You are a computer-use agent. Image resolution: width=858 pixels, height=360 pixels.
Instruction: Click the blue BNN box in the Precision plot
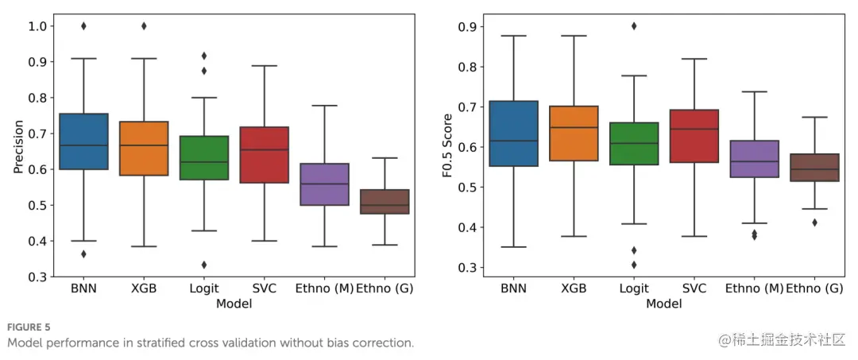(x=83, y=141)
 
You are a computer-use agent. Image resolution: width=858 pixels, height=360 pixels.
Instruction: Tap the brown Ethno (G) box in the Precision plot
(x=385, y=202)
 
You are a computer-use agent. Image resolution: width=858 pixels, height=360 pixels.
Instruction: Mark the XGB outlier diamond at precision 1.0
(x=144, y=26)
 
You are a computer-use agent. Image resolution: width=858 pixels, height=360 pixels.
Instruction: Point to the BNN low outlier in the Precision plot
(x=83, y=254)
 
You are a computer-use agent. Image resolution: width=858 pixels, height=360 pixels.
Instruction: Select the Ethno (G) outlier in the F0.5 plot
(x=813, y=223)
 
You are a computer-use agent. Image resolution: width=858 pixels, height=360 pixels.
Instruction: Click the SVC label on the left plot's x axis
(x=265, y=288)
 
